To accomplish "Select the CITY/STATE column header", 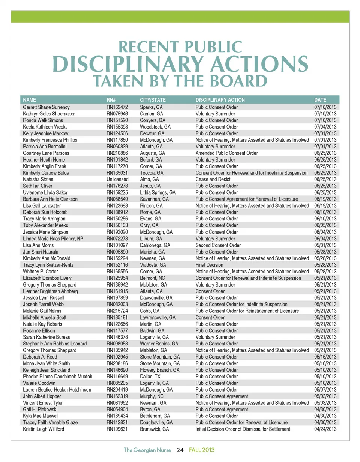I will [153, 100].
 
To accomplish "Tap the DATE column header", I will [320, 100].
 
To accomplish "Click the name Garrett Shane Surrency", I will [46, 107].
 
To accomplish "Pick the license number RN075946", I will [117, 114].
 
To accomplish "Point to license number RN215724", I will [117, 311].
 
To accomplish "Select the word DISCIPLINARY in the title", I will [127, 65].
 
